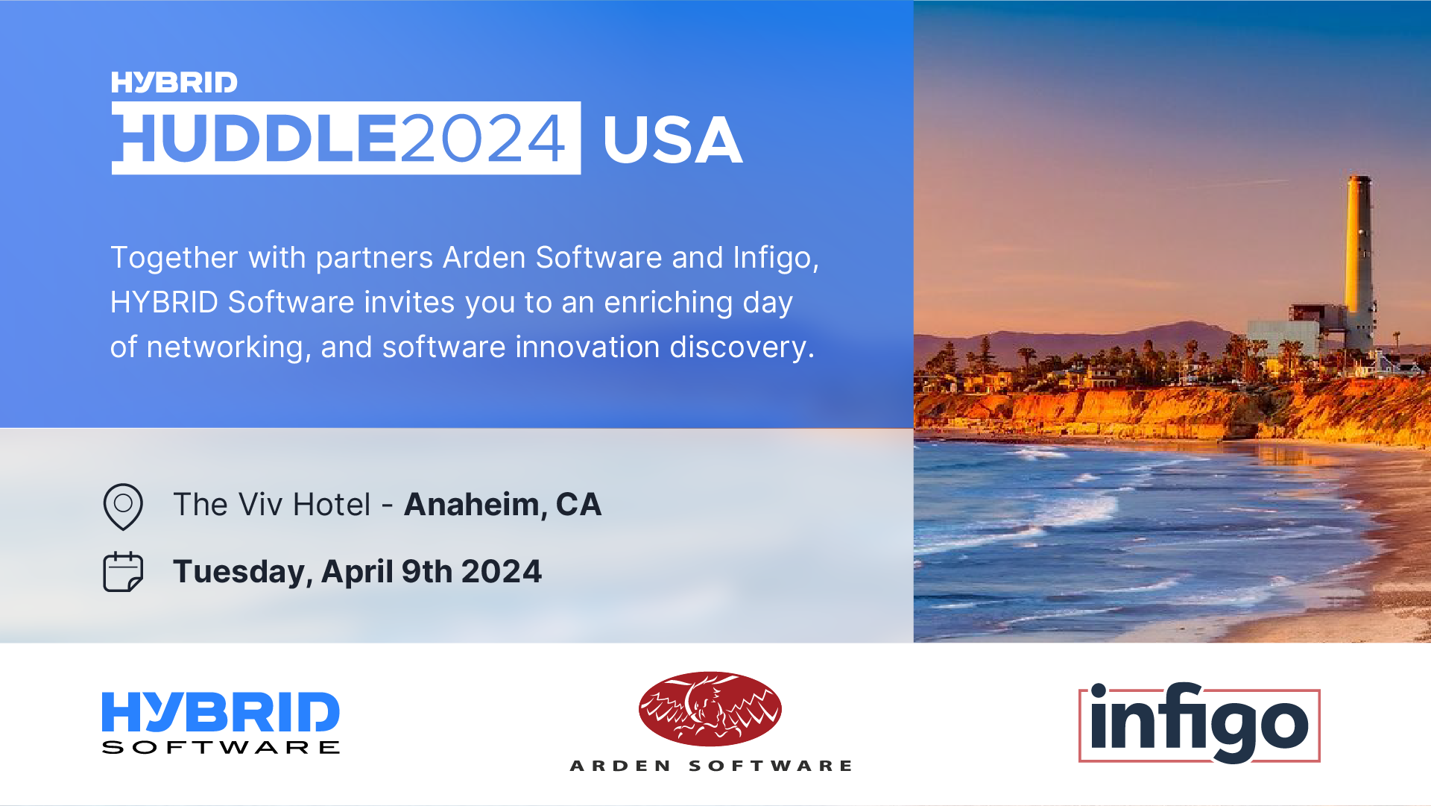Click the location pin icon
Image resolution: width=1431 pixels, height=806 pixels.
coord(123,506)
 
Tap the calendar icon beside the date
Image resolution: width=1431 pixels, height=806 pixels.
coord(123,572)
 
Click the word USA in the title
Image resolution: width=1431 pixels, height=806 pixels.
coord(672,139)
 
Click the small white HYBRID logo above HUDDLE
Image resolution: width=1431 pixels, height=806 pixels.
coord(174,82)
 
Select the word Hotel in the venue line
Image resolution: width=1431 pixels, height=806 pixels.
coord(332,505)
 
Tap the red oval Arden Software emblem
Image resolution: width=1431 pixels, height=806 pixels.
coord(710,709)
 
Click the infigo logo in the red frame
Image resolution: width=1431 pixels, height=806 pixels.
coord(1199,723)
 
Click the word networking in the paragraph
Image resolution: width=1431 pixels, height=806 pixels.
coord(225,348)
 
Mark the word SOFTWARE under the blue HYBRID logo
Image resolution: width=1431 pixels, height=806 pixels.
coord(221,747)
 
